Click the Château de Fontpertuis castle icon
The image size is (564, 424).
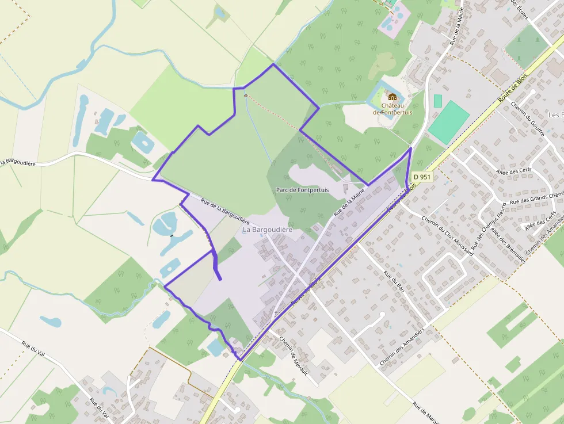pyautogui.click(x=392, y=97)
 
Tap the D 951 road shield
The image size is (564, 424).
pyautogui.click(x=421, y=177)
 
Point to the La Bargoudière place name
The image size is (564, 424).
pyautogui.click(x=268, y=230)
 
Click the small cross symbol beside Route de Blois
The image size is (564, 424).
pyautogui.click(x=276, y=314)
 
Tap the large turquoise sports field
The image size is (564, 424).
pyautogui.click(x=449, y=123)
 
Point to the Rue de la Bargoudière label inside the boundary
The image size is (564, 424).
pyautogui.click(x=225, y=211)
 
